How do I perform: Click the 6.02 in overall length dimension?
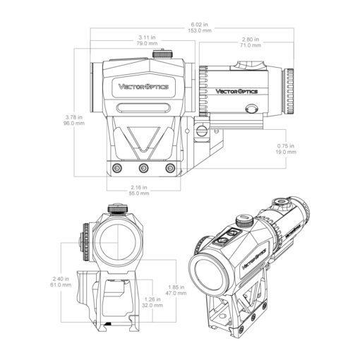click(x=200, y=25)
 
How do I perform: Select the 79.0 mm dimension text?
click(x=147, y=44)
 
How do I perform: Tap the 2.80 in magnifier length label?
click(x=251, y=40)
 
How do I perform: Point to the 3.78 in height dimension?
click(x=74, y=117)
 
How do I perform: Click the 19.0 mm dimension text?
click(x=286, y=152)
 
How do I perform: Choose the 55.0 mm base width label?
click(x=139, y=193)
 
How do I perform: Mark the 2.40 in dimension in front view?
click(x=61, y=279)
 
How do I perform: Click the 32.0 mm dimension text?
click(x=152, y=306)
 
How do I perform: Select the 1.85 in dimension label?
click(x=176, y=287)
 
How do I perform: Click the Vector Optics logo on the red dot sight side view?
click(x=143, y=87)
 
